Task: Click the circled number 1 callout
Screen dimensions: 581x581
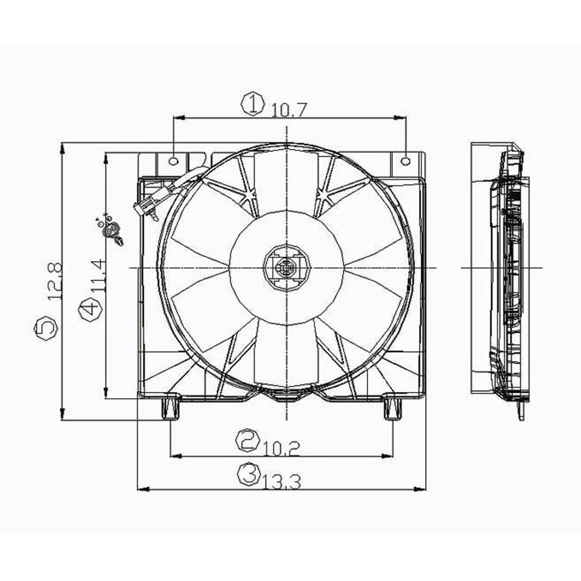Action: pos(253,104)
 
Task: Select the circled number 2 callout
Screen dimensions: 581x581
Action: pos(248,440)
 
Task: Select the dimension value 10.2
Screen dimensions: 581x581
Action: pos(282,448)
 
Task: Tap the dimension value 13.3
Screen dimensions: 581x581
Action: pos(283,481)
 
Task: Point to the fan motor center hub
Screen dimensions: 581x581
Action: pos(286,268)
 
